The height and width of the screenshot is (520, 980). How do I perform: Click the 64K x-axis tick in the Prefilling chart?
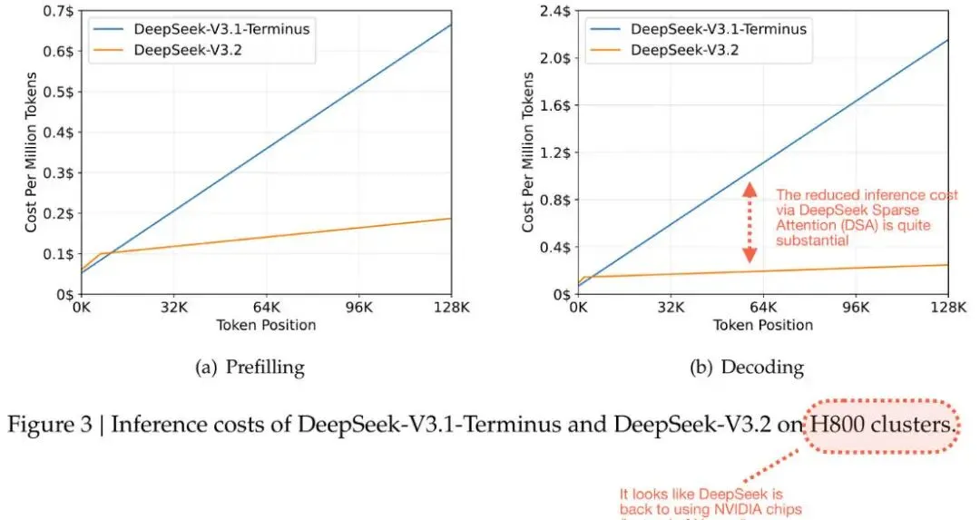267,308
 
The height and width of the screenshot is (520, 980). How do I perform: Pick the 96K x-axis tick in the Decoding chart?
856,308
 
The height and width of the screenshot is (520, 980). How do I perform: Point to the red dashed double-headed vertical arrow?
750,223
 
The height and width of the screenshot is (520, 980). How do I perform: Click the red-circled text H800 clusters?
880,425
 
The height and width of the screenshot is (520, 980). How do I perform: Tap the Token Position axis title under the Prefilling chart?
267,325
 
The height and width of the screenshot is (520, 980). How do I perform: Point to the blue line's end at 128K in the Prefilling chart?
451,25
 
